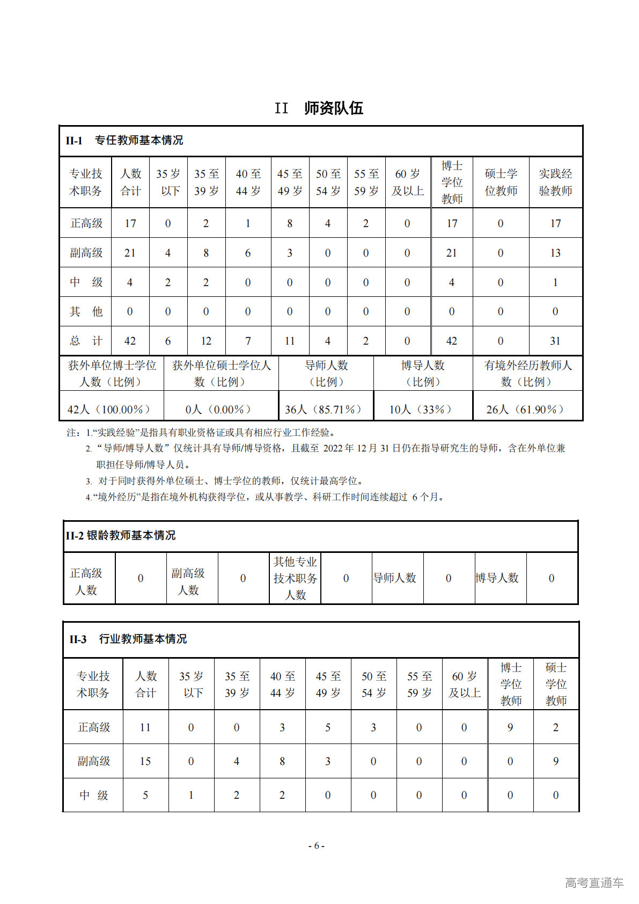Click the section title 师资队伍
pos(333,108)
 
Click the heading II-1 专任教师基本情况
pos(124,141)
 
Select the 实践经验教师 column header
pos(555,183)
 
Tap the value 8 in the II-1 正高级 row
pos(290,223)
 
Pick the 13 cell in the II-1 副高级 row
pos(555,253)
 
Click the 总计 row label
pos(86,341)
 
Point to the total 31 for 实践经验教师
pos(555,341)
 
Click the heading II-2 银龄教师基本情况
pos(121,535)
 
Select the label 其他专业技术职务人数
pos(295,578)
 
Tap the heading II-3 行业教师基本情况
pos(128,639)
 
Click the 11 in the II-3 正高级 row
pos(145,727)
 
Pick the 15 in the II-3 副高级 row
pos(145,761)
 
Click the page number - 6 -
pos(317,845)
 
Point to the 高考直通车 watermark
pos(594,883)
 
